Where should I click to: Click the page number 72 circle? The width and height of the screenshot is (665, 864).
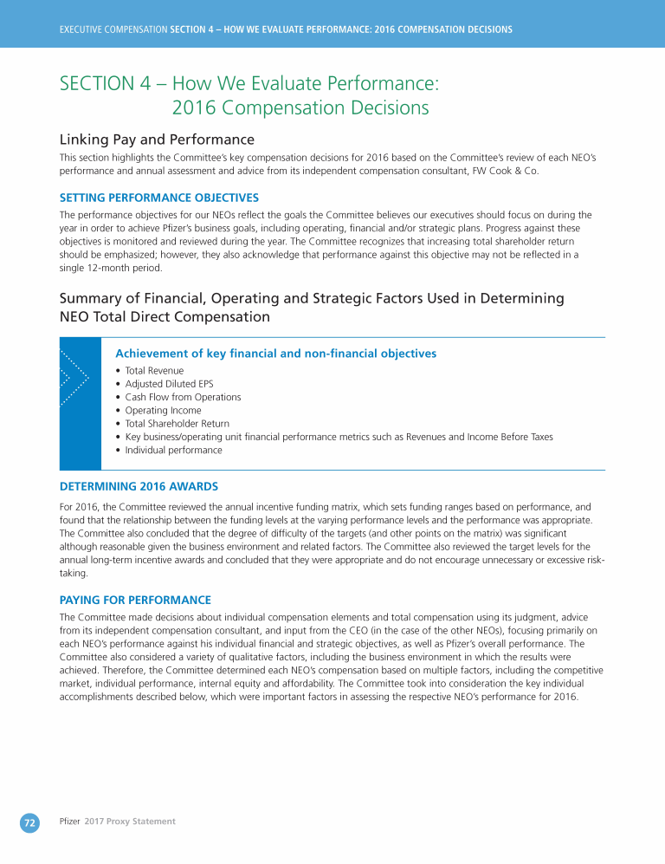point(29,823)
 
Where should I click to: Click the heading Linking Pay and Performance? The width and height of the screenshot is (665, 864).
point(157,140)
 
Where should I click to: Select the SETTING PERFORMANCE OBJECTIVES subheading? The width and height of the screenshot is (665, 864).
point(158,198)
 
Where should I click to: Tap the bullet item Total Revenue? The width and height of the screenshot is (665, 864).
point(154,371)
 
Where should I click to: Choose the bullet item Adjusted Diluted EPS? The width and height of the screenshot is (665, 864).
point(169,384)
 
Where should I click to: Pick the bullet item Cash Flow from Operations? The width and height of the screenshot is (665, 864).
point(183,397)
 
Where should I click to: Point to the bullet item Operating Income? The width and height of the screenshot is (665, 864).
point(163,411)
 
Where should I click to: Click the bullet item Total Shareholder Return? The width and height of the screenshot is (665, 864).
point(177,424)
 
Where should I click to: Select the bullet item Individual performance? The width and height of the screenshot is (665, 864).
point(173,451)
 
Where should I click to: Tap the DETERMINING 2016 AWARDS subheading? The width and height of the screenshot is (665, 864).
point(139,486)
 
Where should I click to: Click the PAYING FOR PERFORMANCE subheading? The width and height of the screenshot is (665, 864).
point(135,600)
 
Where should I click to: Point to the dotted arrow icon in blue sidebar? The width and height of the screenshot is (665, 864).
point(74,378)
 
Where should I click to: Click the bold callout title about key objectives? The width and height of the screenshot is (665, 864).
point(275,354)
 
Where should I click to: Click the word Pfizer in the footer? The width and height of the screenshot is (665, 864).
point(69,822)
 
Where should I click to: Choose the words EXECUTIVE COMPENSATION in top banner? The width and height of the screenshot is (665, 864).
point(113,29)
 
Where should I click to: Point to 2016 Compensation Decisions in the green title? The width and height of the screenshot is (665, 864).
point(300,108)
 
